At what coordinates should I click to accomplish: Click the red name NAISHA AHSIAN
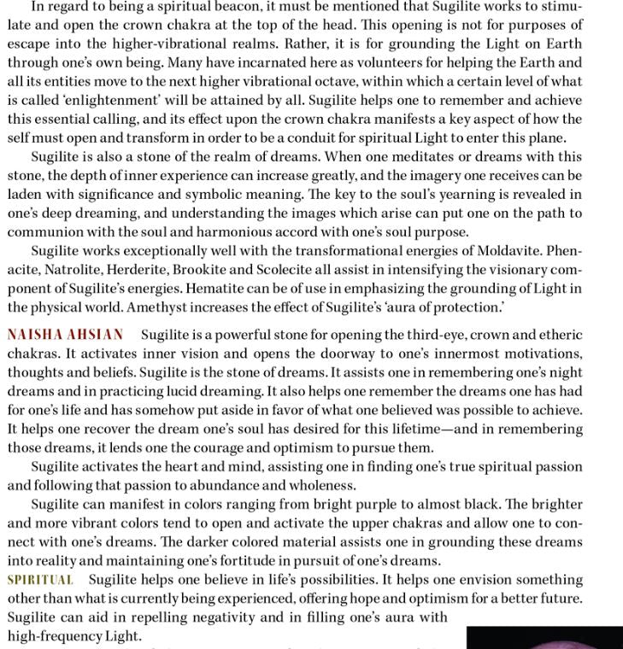point(66,335)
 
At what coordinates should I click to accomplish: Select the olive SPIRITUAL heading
point(40,580)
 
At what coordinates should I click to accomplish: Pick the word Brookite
point(225,270)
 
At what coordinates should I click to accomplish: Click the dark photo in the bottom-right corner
point(544,638)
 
